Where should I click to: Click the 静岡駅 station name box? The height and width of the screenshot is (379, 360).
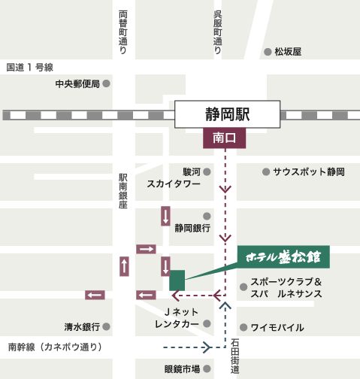click(227, 115)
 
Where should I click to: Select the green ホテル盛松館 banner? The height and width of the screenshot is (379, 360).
click(283, 256)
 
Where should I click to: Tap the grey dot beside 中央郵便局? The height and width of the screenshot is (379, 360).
click(107, 83)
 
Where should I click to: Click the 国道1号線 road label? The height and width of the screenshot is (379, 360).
click(30, 68)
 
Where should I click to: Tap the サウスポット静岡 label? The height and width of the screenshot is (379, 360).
click(308, 172)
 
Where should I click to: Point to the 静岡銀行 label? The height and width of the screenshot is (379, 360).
click(192, 228)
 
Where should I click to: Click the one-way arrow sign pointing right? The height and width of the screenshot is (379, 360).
click(146, 249)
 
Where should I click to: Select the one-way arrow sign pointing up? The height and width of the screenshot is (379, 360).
click(124, 265)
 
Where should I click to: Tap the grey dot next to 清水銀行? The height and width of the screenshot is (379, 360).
click(107, 327)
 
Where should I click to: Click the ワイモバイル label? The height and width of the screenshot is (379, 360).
click(277, 327)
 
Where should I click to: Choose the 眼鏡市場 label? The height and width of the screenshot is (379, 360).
click(182, 368)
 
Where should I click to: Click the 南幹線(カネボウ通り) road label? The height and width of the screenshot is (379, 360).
click(54, 347)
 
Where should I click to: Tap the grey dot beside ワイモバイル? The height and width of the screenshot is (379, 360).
click(243, 327)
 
